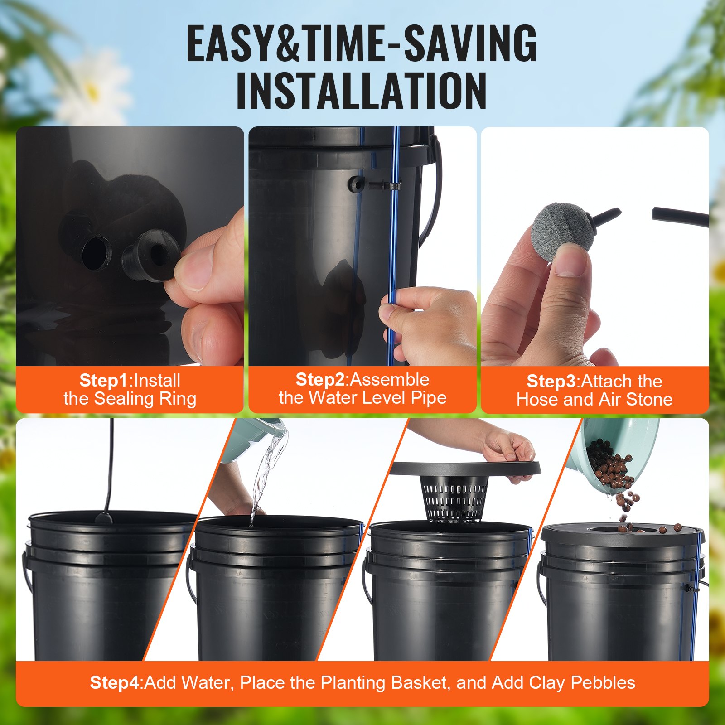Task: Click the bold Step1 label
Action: point(104,380)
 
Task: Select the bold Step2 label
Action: point(320,379)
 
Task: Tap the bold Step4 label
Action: point(116,682)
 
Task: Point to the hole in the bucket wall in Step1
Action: point(96,252)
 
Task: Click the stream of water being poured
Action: point(267,471)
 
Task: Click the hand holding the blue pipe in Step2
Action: point(426,322)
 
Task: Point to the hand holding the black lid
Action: point(507,446)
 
